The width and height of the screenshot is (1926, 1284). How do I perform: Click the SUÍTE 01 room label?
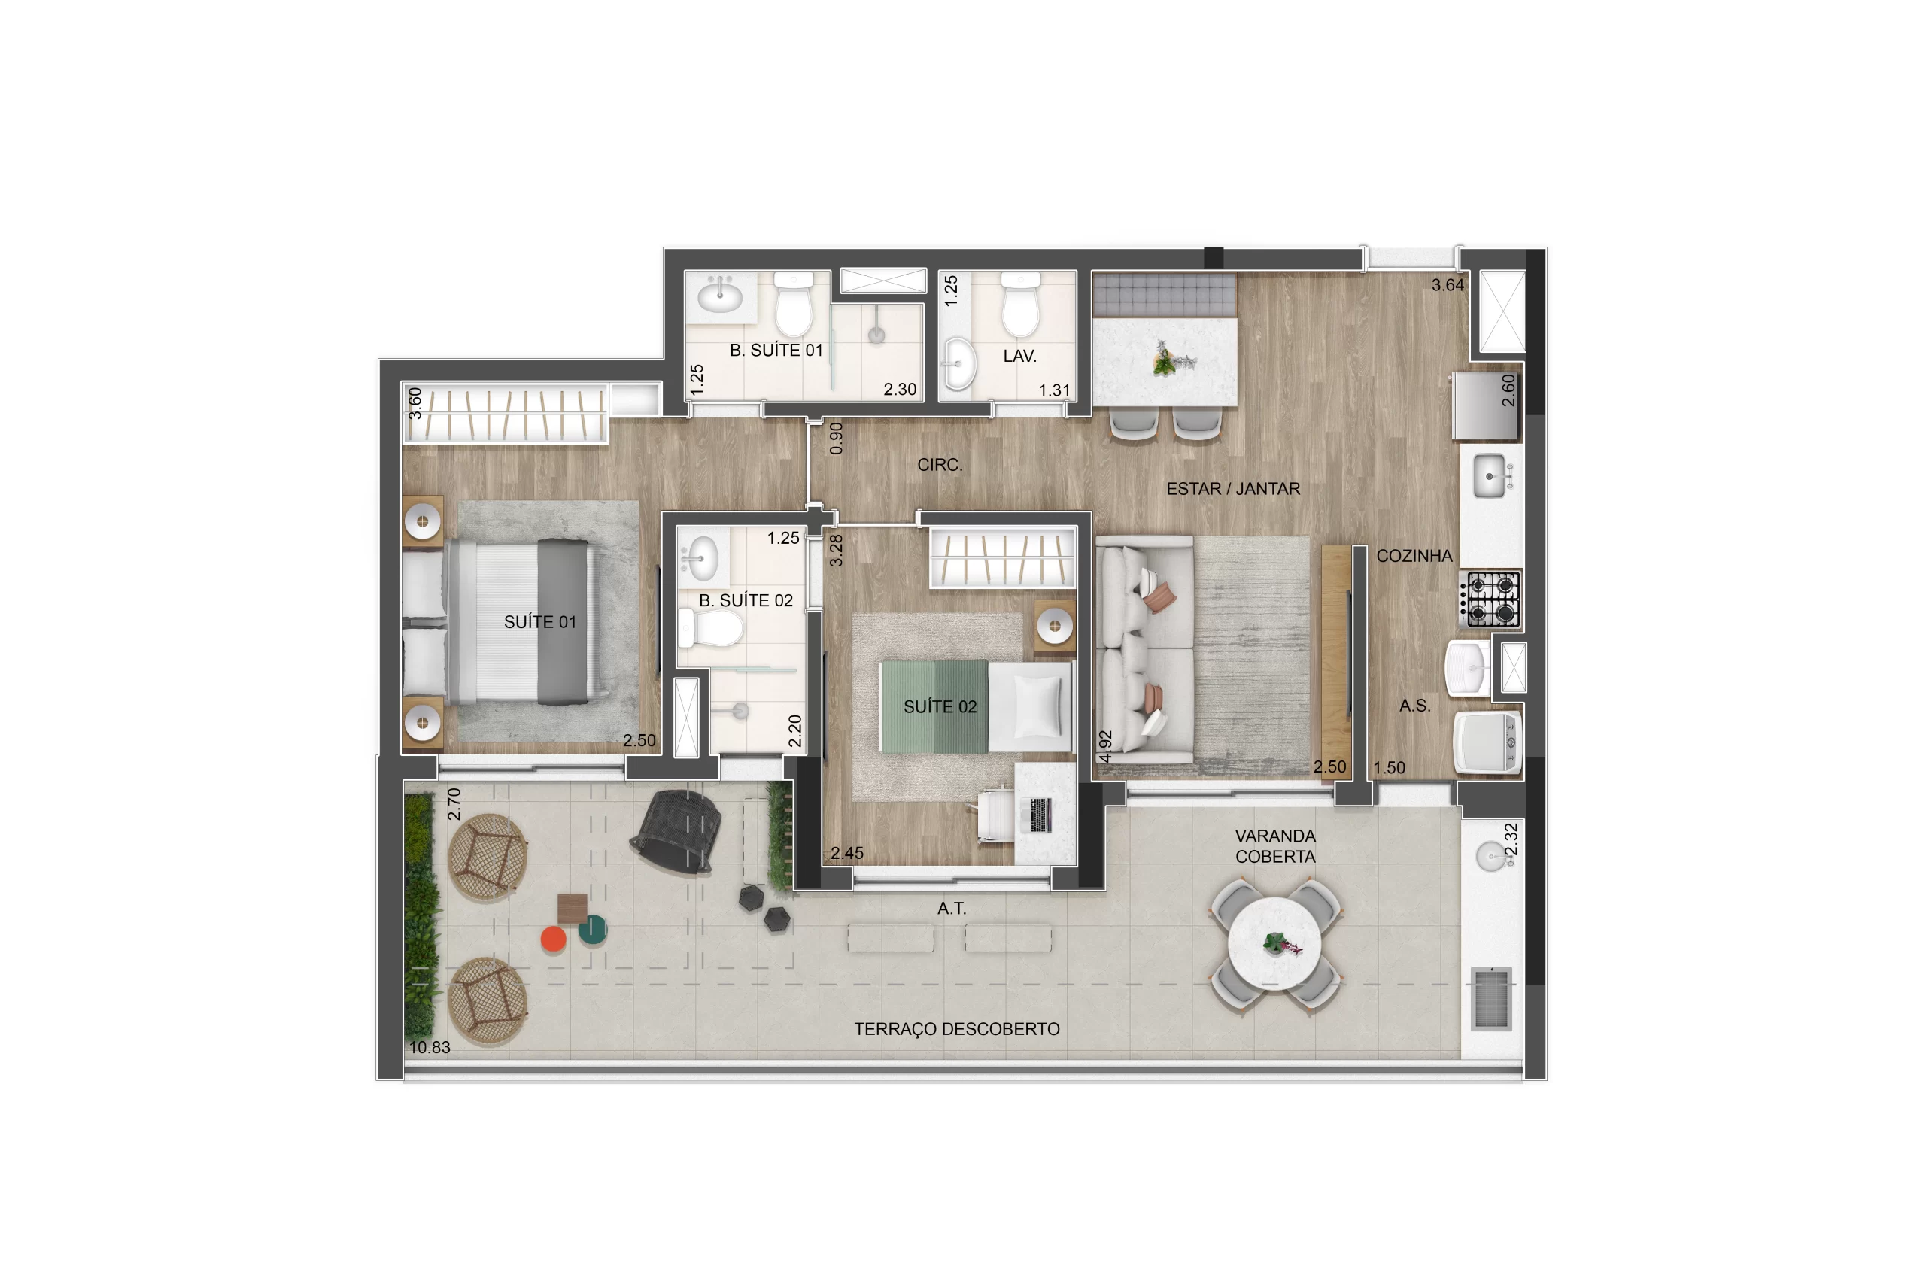click(x=539, y=622)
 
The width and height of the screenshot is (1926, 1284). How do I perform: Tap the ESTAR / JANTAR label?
click(x=1232, y=489)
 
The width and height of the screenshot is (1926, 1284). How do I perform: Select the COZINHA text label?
click(x=1414, y=556)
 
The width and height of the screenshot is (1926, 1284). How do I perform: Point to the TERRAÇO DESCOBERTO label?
click(x=956, y=1029)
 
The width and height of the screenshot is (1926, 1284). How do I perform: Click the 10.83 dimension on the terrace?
click(x=430, y=1047)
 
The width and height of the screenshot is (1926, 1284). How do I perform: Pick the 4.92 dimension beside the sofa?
click(x=1105, y=747)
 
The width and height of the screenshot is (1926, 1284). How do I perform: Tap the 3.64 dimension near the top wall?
click(x=1448, y=285)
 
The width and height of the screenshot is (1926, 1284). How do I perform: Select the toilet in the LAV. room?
click(x=1021, y=305)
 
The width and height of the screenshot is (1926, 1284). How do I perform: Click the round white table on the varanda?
click(x=1274, y=944)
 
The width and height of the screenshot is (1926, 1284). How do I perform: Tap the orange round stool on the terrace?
click(x=554, y=939)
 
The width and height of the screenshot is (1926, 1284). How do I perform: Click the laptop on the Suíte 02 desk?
click(x=1039, y=815)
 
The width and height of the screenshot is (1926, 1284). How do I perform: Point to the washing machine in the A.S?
click(x=1488, y=742)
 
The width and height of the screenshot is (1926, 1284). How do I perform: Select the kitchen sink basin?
click(x=1490, y=476)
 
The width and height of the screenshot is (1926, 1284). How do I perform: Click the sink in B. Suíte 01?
click(x=721, y=293)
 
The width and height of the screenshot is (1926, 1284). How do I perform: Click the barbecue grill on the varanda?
click(x=1490, y=998)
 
